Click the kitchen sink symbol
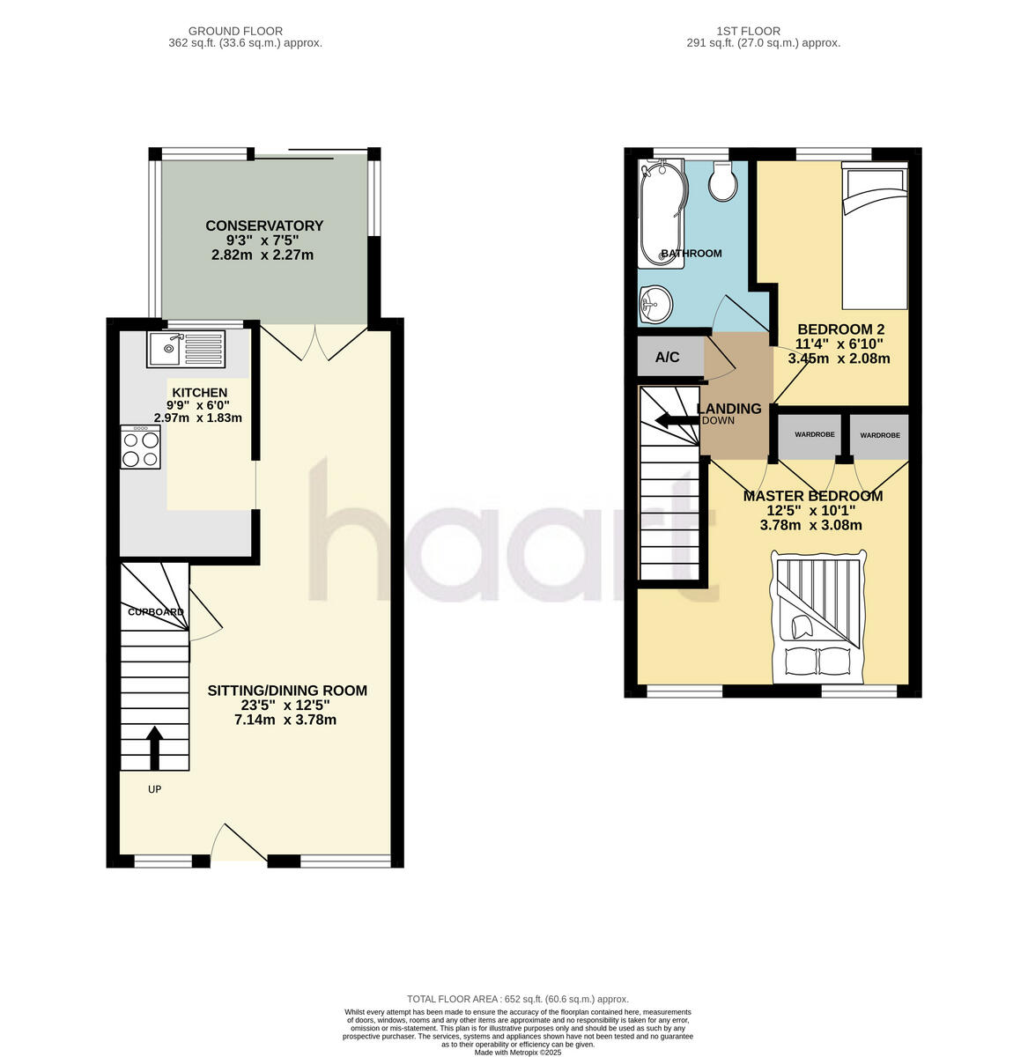(x=187, y=349)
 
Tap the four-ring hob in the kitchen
(x=141, y=447)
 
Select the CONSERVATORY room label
(x=263, y=225)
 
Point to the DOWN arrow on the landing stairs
(x=677, y=420)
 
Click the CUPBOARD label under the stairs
(x=156, y=612)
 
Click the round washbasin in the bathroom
(x=655, y=306)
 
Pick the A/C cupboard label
(x=668, y=358)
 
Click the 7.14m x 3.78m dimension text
(x=285, y=720)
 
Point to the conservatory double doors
(x=314, y=342)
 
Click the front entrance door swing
(x=236, y=844)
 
